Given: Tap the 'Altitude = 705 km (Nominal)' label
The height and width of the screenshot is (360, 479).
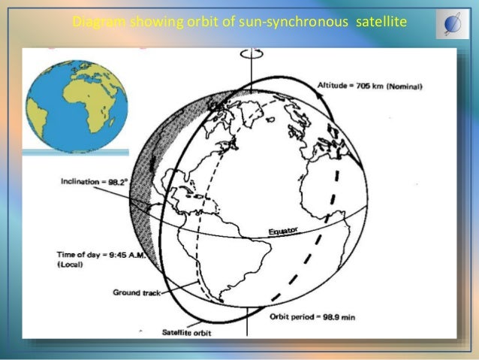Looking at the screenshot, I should tap(370, 86).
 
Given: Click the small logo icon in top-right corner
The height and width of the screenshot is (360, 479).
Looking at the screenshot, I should tap(452, 25).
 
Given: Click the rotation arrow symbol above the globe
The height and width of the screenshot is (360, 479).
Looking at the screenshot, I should tap(248, 54).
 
